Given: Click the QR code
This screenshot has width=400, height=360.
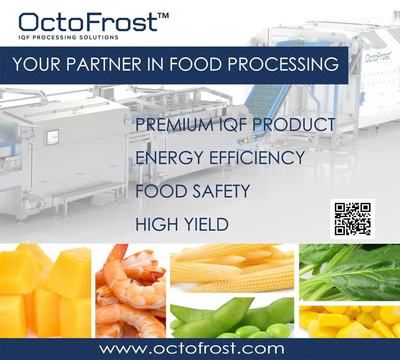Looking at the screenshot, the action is point(352,219).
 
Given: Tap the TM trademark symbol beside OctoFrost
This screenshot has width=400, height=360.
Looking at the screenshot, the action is point(163,15).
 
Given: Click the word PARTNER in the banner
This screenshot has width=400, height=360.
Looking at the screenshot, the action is point(104,64).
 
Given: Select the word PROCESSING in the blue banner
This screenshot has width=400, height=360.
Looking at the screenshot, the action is point(283,64).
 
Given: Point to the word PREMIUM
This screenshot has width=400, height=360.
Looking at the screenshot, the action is point(174,125).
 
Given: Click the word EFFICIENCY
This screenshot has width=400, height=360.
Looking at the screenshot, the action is point(257,158).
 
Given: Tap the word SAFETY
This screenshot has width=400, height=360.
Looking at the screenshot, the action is point(221,191).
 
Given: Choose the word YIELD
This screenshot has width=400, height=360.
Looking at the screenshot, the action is point(206,224).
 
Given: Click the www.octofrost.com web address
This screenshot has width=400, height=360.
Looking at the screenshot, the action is point(192,348).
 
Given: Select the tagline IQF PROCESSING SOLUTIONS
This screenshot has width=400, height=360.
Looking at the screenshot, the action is point(68,37).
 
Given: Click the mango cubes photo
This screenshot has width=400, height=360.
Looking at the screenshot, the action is point(45,291).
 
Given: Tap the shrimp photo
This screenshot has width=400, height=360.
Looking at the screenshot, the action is point(130,291).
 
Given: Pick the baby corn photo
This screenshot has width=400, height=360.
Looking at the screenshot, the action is point(232,268).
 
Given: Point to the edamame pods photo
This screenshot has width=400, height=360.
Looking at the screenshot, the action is point(232,318).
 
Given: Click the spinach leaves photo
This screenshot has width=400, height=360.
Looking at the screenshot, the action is point(350,273).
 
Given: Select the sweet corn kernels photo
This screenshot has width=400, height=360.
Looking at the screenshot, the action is point(350,322).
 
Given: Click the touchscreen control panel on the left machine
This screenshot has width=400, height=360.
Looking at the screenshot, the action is point(53,137).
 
